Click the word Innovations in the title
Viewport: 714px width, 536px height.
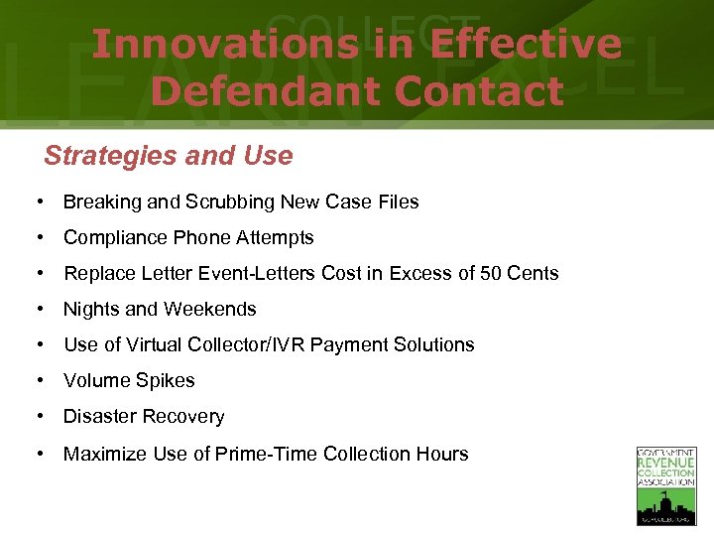point(224,45)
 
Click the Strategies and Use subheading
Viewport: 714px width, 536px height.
point(169,156)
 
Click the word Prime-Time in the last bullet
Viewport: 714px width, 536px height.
point(251,455)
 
